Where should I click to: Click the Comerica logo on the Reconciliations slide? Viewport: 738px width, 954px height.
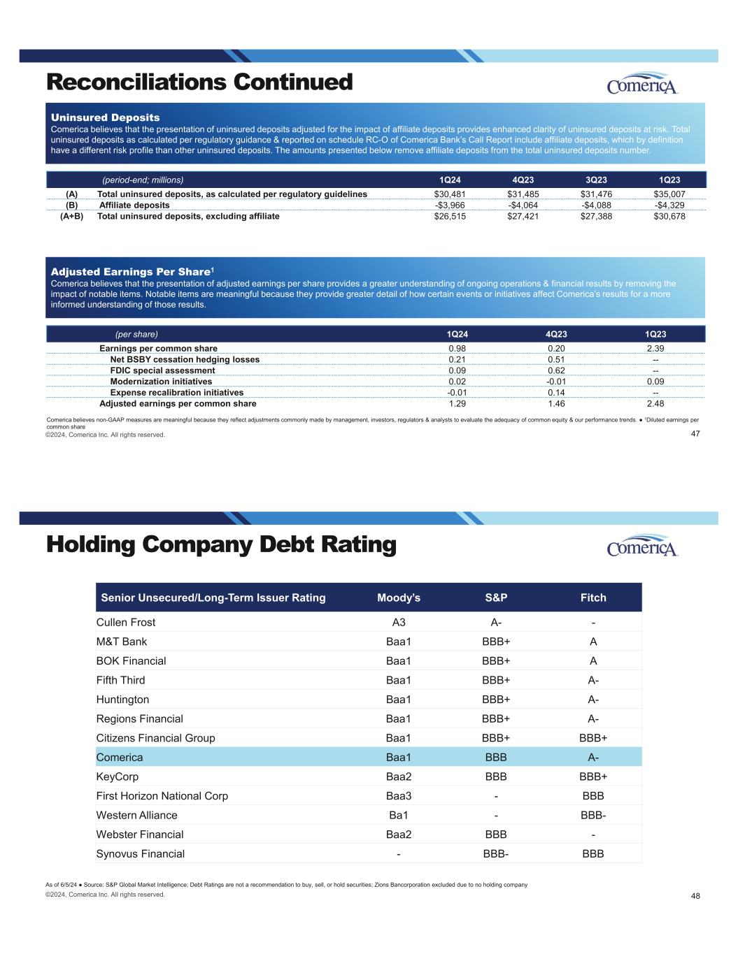643,84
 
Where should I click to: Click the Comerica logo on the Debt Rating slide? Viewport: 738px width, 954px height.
643,546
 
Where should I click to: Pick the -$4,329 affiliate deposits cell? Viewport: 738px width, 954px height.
669,205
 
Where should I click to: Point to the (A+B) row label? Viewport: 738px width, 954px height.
71,217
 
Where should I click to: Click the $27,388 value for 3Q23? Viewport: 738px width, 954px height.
596,217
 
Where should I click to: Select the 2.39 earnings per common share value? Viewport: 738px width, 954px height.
655,348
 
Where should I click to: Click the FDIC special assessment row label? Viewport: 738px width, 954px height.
162,370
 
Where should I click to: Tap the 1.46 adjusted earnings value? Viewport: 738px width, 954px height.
556,404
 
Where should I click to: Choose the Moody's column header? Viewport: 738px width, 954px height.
399,598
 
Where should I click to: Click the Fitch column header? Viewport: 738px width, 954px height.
593,598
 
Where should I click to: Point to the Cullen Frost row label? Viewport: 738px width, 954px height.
126,622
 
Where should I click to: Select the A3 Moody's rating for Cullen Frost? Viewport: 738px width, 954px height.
399,622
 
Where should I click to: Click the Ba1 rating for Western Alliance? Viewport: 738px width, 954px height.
399,815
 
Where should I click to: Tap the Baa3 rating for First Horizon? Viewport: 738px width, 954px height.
399,796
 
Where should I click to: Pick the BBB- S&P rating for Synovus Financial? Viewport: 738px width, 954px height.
496,853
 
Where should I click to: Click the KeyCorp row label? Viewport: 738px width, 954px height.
118,776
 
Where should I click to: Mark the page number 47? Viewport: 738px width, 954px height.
695,434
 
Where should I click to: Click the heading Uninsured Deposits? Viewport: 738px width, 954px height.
106,117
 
